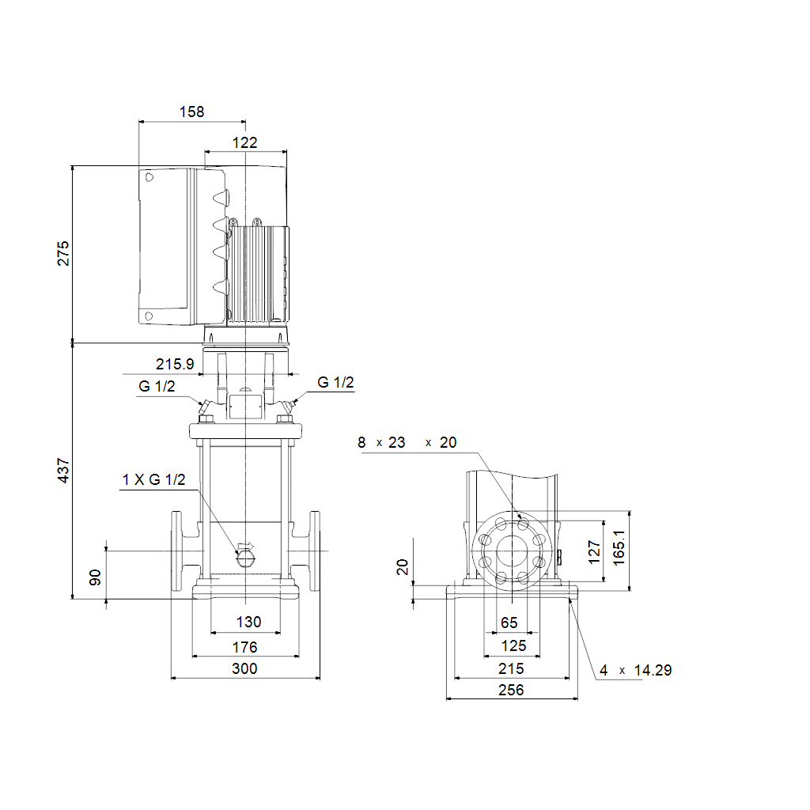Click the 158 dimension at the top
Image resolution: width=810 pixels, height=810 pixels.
(191, 112)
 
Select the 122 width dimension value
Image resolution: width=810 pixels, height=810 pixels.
(245, 142)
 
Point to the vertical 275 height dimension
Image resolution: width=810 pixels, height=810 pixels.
(63, 253)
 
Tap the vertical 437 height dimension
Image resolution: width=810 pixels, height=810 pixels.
(63, 471)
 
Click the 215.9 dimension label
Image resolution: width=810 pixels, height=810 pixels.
(175, 364)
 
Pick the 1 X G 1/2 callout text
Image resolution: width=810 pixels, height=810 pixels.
(153, 480)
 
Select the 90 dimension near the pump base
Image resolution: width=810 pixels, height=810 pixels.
(95, 577)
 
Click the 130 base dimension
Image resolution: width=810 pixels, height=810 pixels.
(248, 622)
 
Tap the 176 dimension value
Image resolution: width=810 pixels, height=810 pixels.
(245, 647)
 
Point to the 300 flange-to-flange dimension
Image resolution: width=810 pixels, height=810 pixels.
(245, 668)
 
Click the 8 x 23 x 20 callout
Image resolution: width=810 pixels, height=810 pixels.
(407, 443)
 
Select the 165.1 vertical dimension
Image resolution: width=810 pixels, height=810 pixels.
(619, 547)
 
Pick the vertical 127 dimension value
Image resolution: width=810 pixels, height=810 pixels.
(594, 552)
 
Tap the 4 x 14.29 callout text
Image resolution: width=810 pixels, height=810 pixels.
(635, 671)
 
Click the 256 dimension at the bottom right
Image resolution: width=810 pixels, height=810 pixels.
(511, 690)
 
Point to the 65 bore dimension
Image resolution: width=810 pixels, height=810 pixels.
(509, 623)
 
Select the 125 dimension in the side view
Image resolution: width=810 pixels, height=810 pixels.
(513, 645)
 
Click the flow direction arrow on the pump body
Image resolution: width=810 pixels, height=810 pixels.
(245, 546)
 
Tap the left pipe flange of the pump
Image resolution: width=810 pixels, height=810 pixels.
(176, 551)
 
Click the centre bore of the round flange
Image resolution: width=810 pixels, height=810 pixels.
(512, 551)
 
